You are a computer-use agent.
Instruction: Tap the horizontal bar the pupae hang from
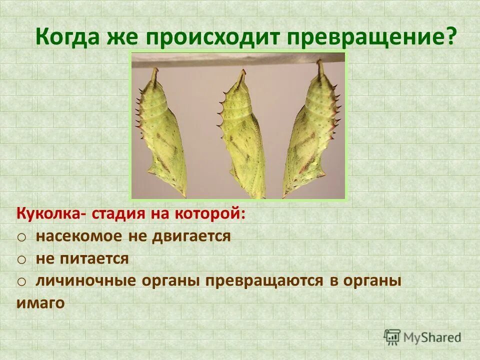(238, 58)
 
